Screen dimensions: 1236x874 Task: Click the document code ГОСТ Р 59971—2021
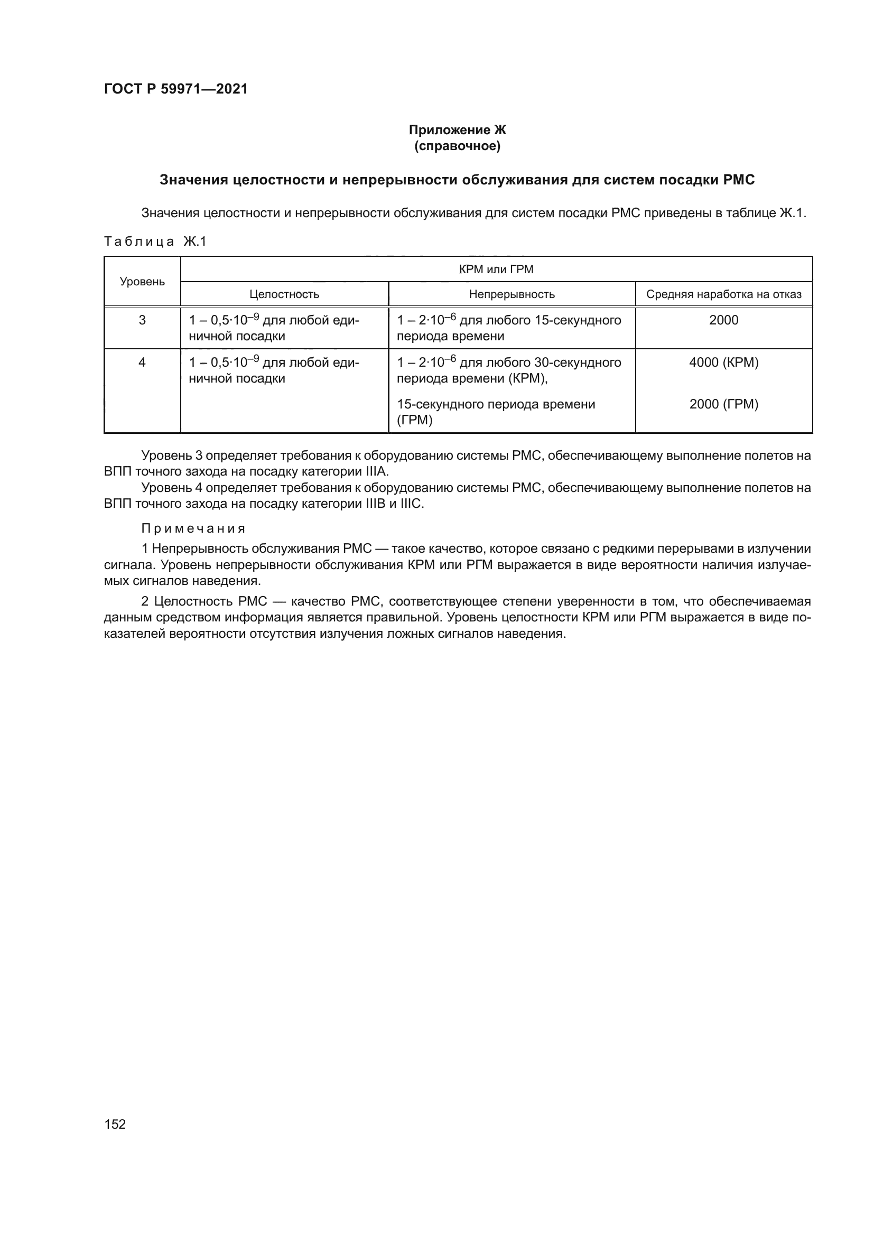175,89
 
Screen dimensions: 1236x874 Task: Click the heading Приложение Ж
457,130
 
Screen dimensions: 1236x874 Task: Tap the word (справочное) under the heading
457,146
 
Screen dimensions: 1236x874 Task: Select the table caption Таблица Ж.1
155,241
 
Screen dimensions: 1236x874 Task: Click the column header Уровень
142,282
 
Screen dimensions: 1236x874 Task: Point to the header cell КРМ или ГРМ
496,269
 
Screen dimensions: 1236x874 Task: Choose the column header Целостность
284,294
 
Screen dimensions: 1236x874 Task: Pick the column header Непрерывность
512,294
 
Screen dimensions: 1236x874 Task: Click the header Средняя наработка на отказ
723,294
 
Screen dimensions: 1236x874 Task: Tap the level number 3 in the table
142,320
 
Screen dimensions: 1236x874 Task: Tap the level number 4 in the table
142,363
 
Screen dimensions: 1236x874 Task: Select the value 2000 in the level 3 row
723,320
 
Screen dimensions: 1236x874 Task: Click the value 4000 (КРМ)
723,363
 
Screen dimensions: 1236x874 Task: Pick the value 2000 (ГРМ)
723,404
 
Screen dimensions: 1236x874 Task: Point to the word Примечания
193,528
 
